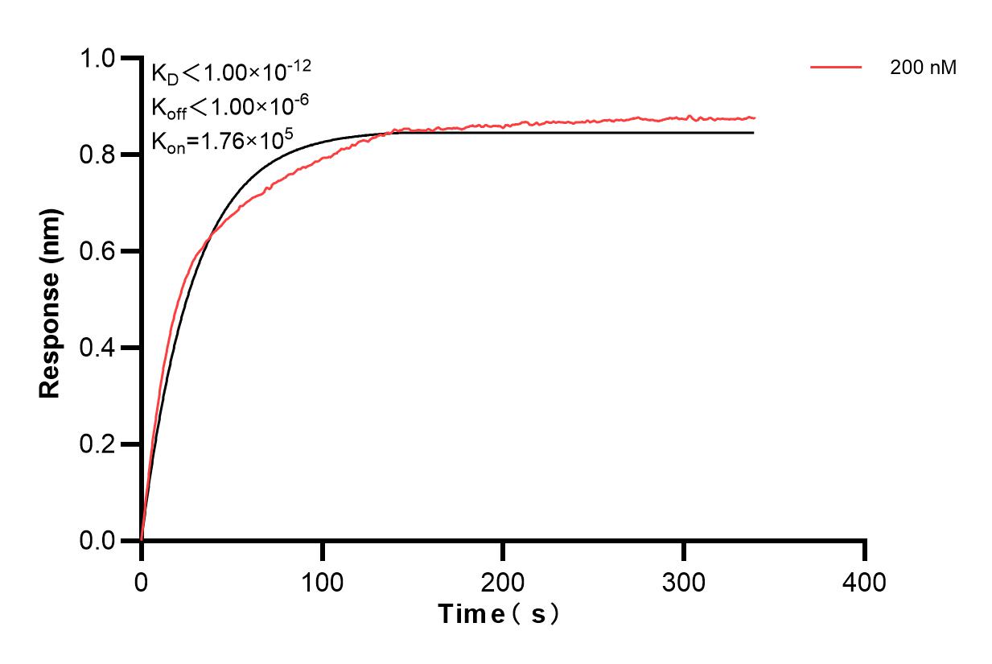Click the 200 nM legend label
pos(923,68)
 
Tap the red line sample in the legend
pos(836,68)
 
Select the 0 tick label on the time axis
pos(142,581)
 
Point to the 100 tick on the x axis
pos(322,581)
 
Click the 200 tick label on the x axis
pos(503,581)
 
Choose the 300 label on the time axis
pos(684,581)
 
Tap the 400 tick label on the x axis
pos(865,581)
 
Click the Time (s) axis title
pos(499,615)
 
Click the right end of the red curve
pos(755,118)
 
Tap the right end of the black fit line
pos(753,133)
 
